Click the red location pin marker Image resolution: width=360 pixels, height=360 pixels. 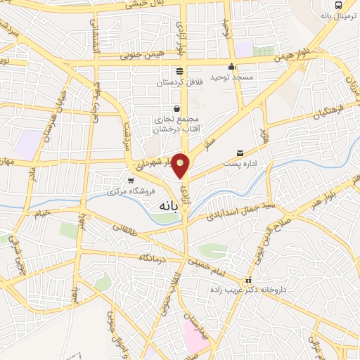click(181, 166)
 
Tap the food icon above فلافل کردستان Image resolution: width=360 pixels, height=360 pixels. click(179, 71)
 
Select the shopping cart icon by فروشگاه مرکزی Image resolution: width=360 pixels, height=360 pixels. click(130, 181)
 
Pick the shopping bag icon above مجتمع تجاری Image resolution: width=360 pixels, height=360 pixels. click(175, 109)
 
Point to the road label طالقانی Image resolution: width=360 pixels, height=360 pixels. click(133, 226)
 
